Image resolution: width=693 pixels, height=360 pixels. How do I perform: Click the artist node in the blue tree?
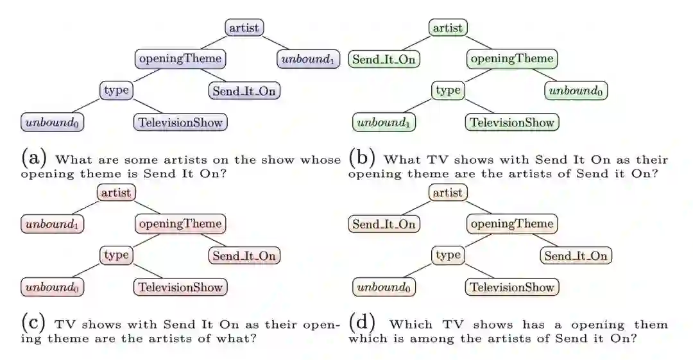[244, 28]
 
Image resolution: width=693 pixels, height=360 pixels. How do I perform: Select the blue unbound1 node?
[308, 60]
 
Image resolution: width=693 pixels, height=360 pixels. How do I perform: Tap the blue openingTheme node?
[180, 59]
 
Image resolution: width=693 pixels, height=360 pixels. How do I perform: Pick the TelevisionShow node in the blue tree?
[180, 122]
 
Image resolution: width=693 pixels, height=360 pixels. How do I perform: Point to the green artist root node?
[448, 28]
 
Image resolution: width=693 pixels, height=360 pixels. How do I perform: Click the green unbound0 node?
[576, 91]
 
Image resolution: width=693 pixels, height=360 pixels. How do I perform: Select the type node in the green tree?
[448, 90]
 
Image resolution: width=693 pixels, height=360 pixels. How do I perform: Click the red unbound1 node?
[53, 225]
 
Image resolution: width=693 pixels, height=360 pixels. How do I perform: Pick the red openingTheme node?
[180, 224]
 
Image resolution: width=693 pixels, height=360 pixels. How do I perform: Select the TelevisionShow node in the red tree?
[180, 287]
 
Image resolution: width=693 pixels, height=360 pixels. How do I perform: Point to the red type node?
[116, 255]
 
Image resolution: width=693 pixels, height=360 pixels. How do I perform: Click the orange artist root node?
[448, 193]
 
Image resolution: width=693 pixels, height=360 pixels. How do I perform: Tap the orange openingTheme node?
[512, 224]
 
